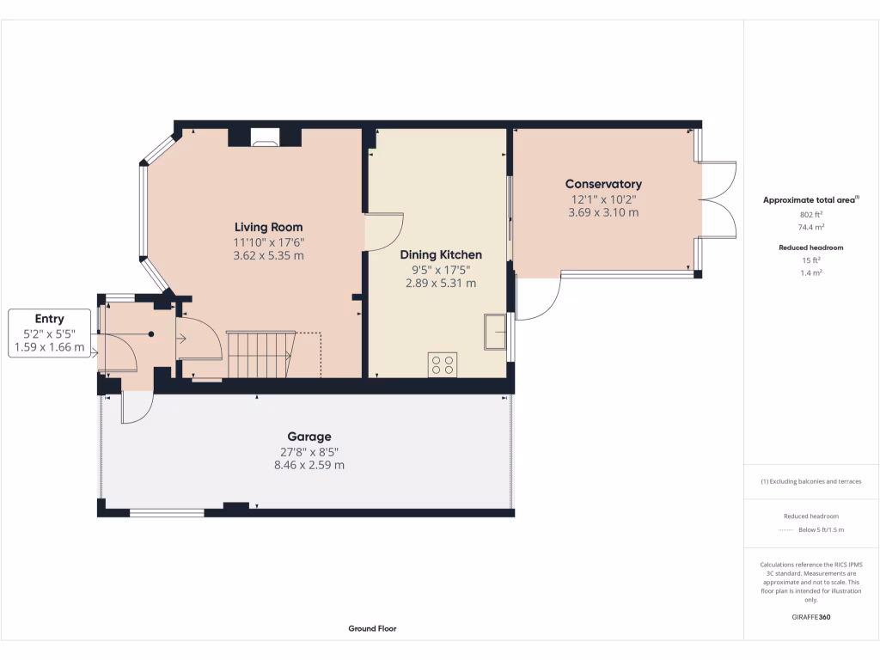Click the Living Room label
click(269, 227)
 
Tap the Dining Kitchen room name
click(441, 254)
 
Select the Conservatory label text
click(603, 184)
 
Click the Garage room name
click(309, 437)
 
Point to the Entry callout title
click(49, 319)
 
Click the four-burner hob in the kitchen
click(443, 364)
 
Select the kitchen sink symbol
click(495, 333)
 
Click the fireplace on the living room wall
click(265, 136)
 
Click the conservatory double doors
click(719, 199)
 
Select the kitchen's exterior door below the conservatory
click(539, 297)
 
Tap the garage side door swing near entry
click(136, 407)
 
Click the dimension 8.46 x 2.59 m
click(309, 465)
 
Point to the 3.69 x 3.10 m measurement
click(603, 212)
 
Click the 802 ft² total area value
click(811, 215)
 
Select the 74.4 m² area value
click(811, 228)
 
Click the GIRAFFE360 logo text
click(811, 617)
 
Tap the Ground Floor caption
click(372, 628)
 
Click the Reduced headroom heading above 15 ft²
click(812, 247)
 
